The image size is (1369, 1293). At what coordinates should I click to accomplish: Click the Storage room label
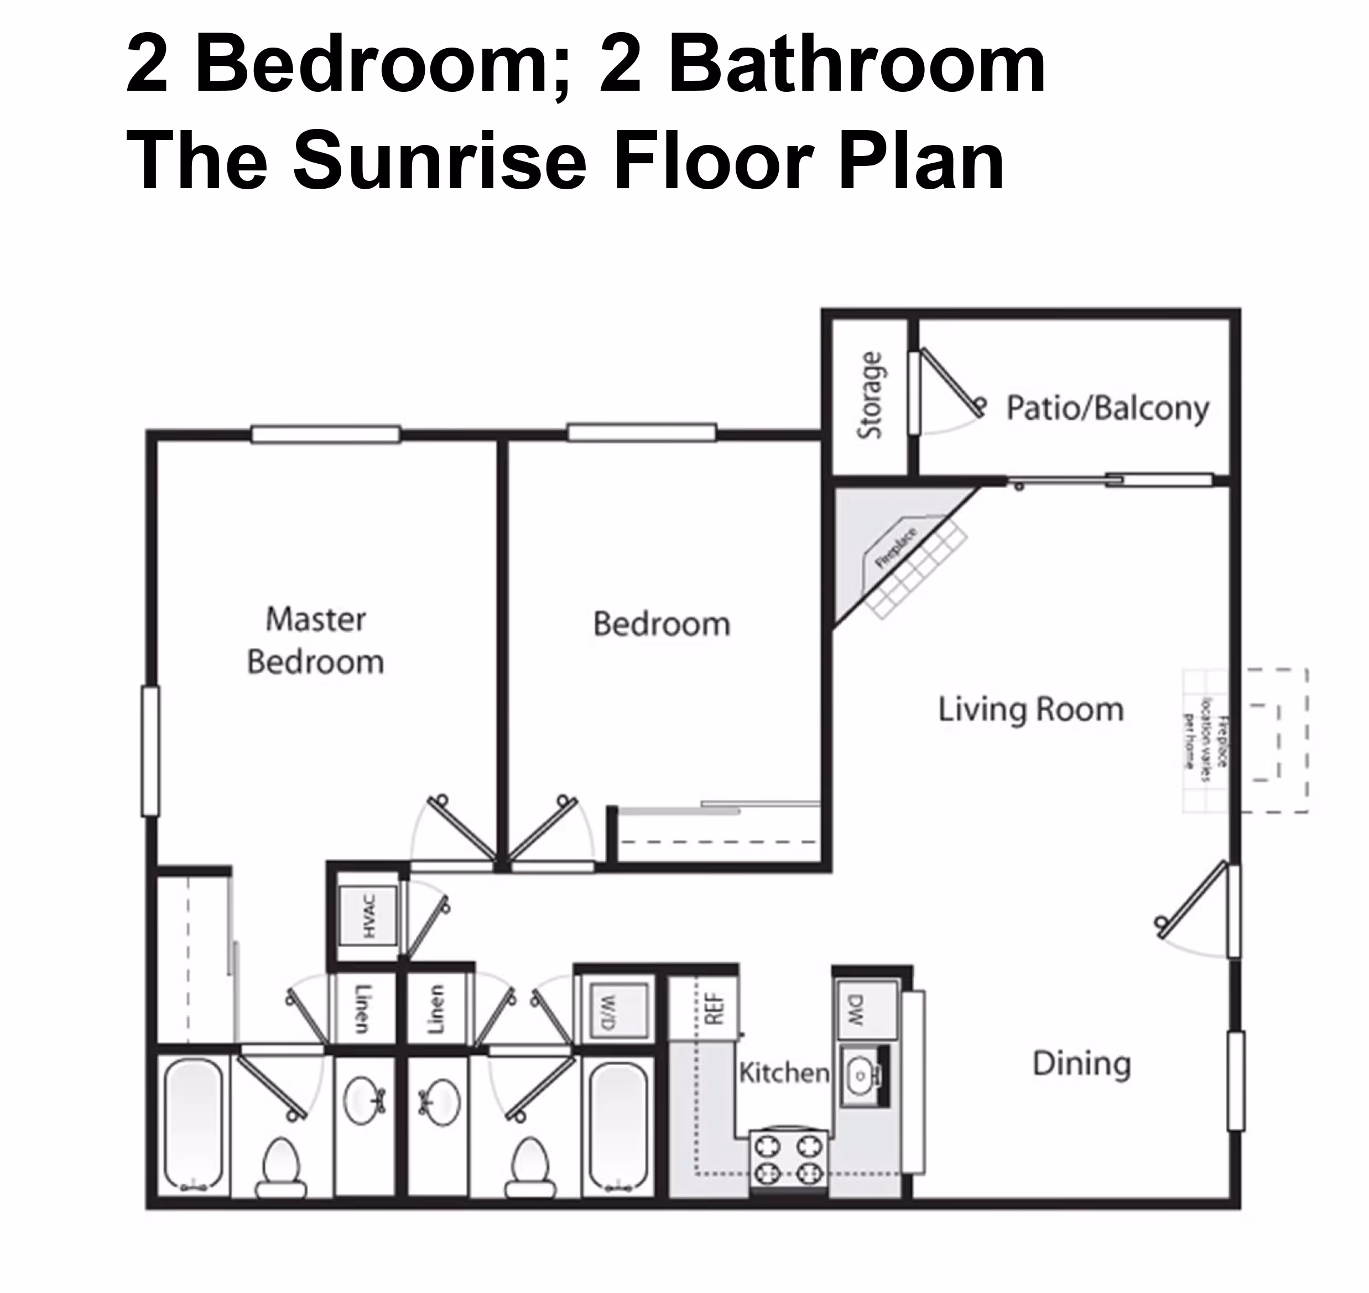[870, 395]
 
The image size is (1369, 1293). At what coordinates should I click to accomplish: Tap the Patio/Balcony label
[1107, 408]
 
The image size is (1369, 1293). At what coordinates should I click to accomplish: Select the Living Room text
[1030, 709]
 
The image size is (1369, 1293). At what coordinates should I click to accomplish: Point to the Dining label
[1081, 1063]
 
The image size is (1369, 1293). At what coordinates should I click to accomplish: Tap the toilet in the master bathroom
[281, 1167]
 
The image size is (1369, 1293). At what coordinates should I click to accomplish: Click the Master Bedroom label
[315, 640]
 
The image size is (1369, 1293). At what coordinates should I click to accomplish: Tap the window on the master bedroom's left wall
[150, 751]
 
